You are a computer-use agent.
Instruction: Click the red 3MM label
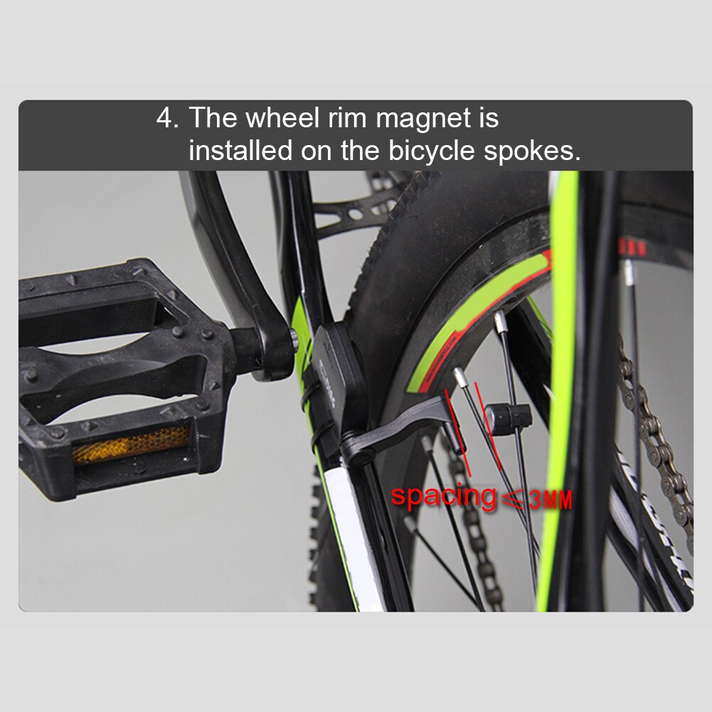[x=550, y=499]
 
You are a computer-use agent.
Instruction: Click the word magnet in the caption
[x=414, y=118]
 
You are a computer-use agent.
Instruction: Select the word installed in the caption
[x=240, y=151]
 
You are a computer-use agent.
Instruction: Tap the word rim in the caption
[x=346, y=118]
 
